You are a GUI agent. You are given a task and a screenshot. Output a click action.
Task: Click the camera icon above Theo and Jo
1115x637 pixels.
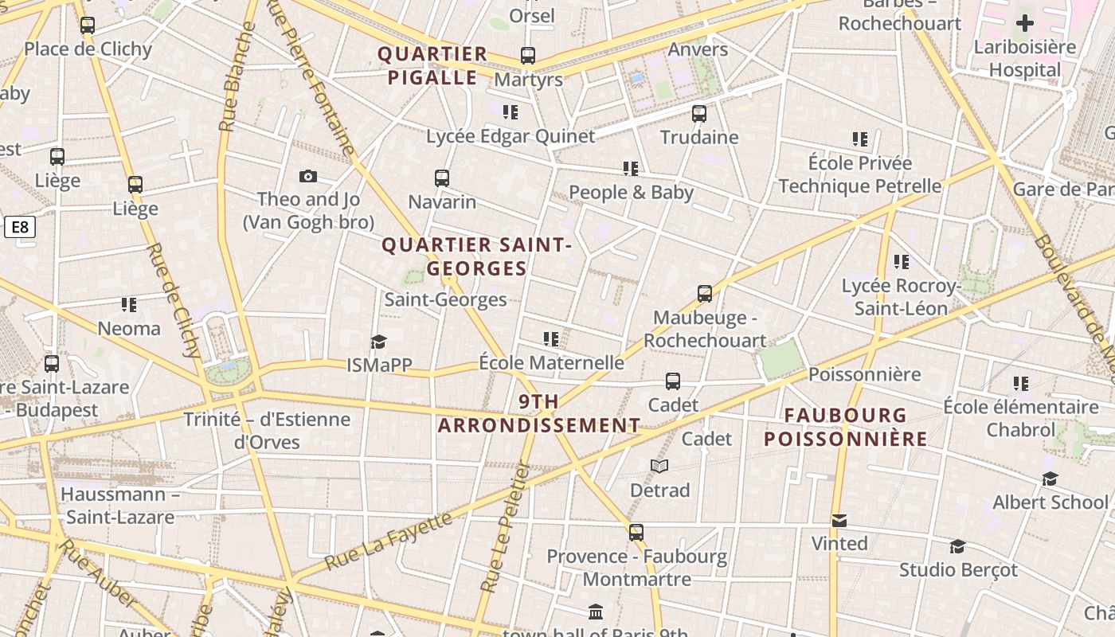(308, 176)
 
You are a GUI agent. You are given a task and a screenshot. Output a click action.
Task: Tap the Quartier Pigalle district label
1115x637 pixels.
(432, 66)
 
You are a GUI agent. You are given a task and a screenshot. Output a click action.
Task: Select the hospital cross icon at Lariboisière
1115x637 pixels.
(1025, 23)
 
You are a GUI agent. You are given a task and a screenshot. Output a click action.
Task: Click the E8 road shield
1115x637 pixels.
(20, 228)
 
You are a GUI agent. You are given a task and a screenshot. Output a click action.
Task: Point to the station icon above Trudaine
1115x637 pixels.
(699, 113)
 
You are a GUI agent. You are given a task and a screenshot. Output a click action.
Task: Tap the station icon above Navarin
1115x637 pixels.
(442, 178)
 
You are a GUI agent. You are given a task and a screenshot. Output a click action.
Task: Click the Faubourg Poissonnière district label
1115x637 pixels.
(846, 427)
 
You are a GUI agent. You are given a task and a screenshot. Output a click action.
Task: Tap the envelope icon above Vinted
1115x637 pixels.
(839, 521)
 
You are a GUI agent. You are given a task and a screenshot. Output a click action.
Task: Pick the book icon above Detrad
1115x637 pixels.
(659, 466)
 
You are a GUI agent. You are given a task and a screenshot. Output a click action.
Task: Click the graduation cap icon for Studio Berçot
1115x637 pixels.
(957, 547)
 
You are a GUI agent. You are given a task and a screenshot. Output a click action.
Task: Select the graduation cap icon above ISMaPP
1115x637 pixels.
(378, 342)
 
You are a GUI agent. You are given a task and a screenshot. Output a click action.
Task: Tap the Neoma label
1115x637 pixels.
(129, 328)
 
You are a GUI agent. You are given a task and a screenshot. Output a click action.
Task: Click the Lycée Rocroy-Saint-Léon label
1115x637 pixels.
(901, 297)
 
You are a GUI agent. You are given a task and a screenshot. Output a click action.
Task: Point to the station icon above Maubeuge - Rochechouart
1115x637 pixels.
(705, 294)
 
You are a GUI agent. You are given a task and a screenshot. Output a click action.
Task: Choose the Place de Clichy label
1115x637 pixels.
(88, 49)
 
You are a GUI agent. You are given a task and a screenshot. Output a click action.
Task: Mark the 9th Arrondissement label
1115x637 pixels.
(539, 413)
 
